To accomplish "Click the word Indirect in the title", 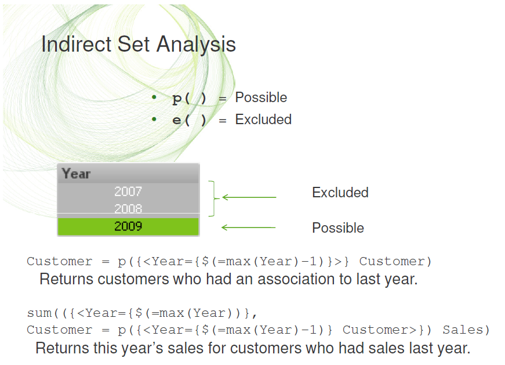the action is point(77,44).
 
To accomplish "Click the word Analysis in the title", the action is point(196,45).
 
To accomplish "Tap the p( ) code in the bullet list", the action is point(189,99).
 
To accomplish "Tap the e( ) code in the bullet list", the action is point(189,120).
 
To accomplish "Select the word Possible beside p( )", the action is point(261,97).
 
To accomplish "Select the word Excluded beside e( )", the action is point(263,120).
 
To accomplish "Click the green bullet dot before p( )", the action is point(154,97).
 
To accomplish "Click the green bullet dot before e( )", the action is point(154,120).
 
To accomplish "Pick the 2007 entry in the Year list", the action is point(128,191).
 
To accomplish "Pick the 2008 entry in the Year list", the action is point(128,209).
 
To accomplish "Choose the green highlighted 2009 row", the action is point(128,226).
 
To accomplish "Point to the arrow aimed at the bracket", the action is point(249,197).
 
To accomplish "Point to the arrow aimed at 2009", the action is point(248,227).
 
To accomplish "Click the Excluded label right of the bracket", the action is point(340,193).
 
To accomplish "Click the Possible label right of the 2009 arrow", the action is point(338,227).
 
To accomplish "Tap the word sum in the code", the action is point(39,313).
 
